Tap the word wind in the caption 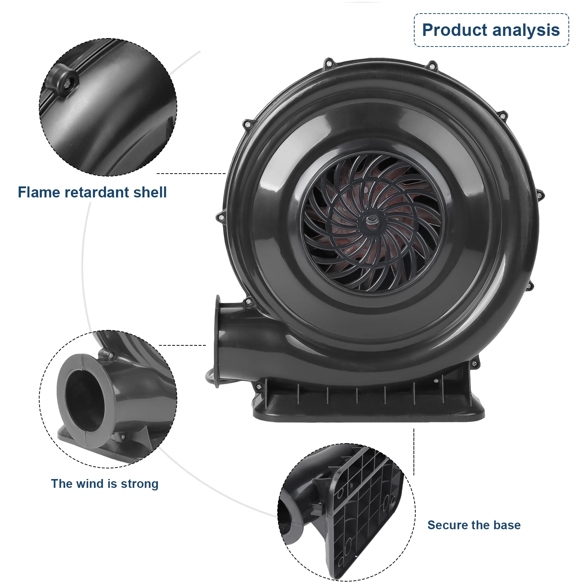click(91, 484)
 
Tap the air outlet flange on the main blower click(218, 341)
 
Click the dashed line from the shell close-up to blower click(190, 173)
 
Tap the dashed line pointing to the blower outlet click(182, 345)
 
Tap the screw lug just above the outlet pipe click(248, 302)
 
